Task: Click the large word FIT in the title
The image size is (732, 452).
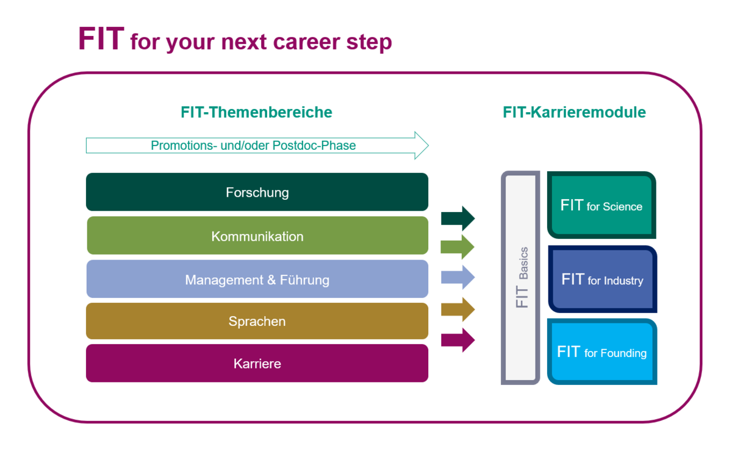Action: pos(101,39)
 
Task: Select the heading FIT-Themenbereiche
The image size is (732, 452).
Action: pos(257,112)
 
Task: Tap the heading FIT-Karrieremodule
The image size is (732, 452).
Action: pos(574,112)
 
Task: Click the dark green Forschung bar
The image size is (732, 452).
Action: pos(257,192)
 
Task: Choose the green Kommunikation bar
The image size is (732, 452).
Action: pos(257,235)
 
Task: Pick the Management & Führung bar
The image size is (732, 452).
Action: pos(257,279)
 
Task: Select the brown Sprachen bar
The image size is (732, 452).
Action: pos(257,321)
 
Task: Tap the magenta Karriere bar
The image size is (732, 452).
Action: pos(257,363)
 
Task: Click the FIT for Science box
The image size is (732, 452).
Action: pos(601,205)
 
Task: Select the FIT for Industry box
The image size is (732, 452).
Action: pos(602,279)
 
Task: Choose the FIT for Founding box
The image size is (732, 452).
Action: pos(602,352)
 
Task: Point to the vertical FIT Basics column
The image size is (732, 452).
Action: pos(520,278)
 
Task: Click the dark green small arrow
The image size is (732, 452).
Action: pos(458,218)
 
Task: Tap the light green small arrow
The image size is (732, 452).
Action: pos(457,247)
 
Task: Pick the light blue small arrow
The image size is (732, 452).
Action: pos(458,277)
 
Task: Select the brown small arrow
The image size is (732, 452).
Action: pos(458,309)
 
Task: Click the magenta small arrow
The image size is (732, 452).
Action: pos(458,341)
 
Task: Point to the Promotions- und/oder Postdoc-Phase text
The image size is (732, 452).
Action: pos(253,146)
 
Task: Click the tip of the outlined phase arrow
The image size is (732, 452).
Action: pos(428,146)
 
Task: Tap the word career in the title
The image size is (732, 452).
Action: pos(306,43)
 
